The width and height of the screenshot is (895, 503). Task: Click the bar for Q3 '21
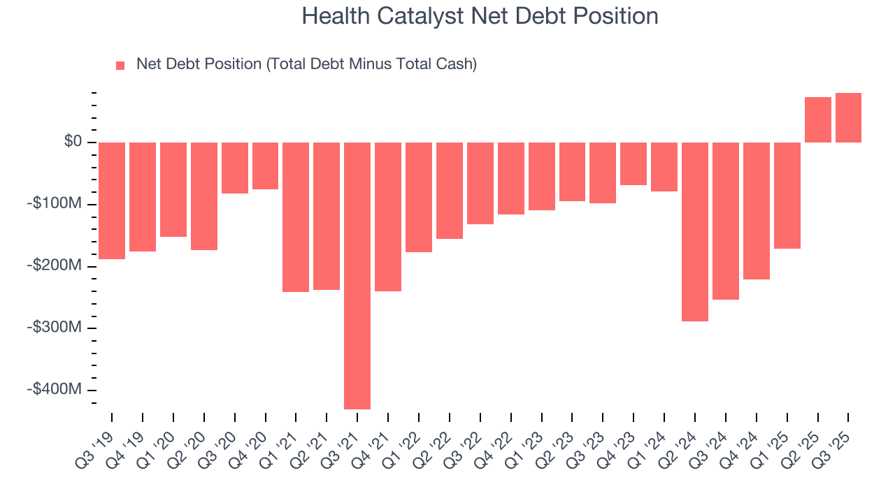357,275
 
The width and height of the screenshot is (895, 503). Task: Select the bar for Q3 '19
112,201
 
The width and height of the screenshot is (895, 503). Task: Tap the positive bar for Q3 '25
848,117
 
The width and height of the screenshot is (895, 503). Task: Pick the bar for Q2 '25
817,119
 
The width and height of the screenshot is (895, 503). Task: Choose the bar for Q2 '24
695,231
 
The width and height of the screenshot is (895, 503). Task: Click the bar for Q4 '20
266,166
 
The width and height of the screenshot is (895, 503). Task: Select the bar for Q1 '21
296,217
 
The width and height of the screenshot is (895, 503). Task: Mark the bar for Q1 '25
787,195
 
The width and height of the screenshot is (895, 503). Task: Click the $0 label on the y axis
73,142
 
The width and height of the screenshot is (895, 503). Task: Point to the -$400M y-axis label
55,389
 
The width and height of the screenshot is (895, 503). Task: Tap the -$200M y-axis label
55,265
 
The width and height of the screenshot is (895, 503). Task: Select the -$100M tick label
55,204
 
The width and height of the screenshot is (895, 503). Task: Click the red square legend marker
120,65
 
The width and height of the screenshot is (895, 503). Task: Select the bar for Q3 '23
603,173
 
